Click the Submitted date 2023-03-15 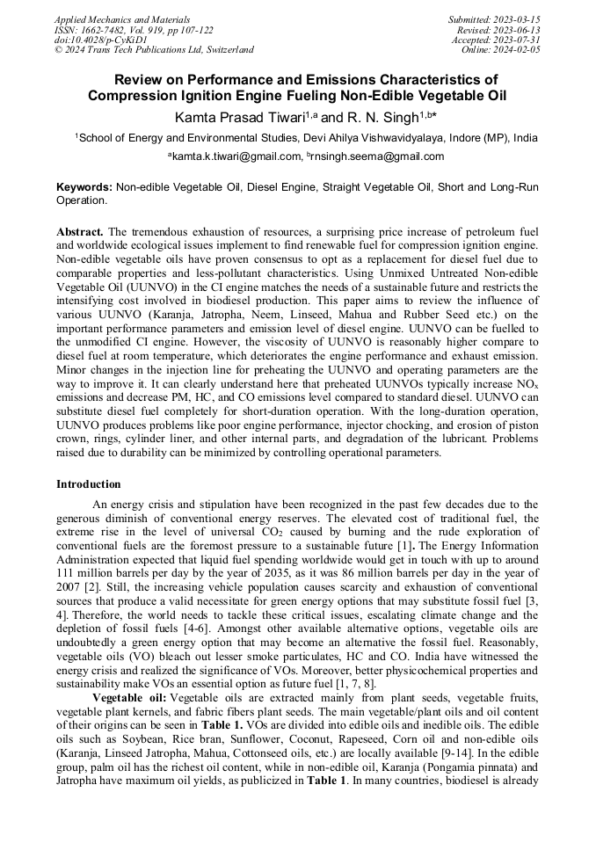[x=517, y=18]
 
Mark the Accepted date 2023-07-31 [x=519, y=40]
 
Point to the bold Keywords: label [x=84, y=187]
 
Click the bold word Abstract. [x=80, y=229]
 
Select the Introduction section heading [x=89, y=484]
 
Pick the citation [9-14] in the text [x=469, y=753]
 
